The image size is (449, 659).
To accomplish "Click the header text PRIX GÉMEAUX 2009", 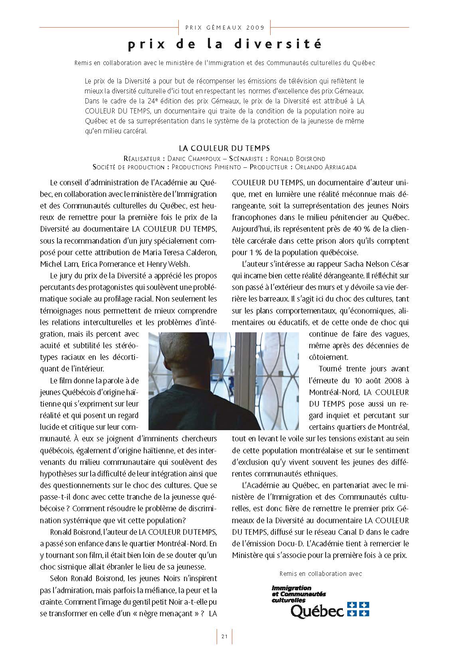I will click(x=225, y=28).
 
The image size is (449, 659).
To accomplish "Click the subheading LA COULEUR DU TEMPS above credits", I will click(x=224, y=149).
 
